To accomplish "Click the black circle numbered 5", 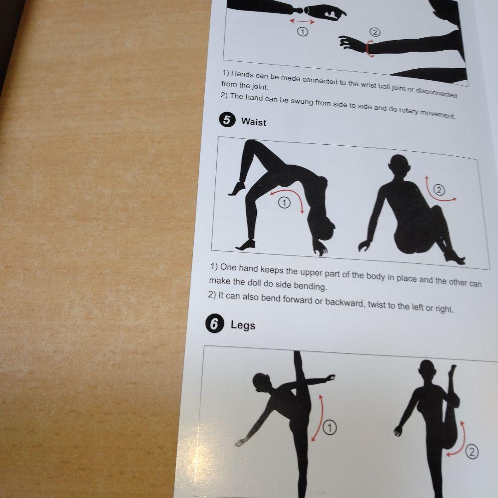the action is pos(227,120).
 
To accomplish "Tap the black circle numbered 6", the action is pos(215,324).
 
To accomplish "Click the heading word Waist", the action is pos(254,122).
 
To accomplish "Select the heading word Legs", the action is pos(243,325).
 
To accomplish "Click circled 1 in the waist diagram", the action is pos(284,202).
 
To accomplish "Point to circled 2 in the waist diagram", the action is pos(439,190).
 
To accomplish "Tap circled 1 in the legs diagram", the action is pos(330,427).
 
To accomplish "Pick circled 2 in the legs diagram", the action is pos(472,452).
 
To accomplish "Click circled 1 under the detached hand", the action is pos(302,32).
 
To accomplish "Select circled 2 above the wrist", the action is pos(375,32).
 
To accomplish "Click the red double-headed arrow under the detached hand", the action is pos(302,21).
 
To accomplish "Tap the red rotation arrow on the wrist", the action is pos(368,48).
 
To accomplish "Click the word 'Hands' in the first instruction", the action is pos(243,75).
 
